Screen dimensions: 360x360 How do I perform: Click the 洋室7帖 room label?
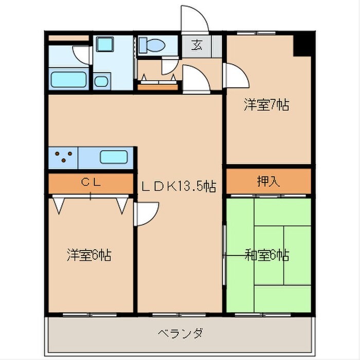point(266,105)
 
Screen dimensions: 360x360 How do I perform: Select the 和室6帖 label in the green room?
point(266,255)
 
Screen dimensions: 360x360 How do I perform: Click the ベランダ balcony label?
point(180,333)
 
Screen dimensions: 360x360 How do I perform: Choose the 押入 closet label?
point(268,181)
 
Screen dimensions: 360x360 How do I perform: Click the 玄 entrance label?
point(197,45)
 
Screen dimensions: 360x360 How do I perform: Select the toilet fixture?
point(153,45)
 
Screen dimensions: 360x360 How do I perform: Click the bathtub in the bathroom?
point(70,80)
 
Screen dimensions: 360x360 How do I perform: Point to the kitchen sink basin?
point(114,157)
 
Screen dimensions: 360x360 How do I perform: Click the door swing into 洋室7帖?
point(234,76)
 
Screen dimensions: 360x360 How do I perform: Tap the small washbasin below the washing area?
point(101,81)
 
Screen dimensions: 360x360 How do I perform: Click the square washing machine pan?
point(107,44)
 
